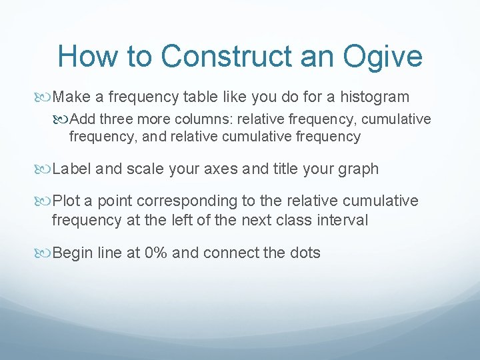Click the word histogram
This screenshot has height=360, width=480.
374,97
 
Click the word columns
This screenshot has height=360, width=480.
192,119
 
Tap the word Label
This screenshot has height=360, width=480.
72,169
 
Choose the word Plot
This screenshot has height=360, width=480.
67,201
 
